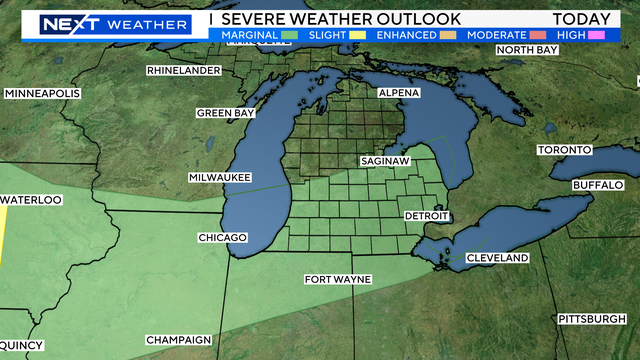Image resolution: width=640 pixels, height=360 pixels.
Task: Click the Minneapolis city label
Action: point(42,93)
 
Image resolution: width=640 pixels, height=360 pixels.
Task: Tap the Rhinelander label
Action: point(185,71)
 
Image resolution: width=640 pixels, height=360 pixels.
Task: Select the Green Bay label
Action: point(224,113)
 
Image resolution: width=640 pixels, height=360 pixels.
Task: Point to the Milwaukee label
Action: point(219,177)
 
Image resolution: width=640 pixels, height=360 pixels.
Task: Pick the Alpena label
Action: point(399,93)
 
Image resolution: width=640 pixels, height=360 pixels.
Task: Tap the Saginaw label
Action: point(385,160)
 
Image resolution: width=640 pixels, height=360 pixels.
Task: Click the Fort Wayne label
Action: point(338,279)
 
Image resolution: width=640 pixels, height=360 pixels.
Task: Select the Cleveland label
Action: point(497,258)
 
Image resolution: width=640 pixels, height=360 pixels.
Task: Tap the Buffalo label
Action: point(598,186)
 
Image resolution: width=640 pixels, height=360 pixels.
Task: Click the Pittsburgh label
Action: point(591,319)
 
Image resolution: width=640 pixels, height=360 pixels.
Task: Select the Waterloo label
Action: point(31,200)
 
